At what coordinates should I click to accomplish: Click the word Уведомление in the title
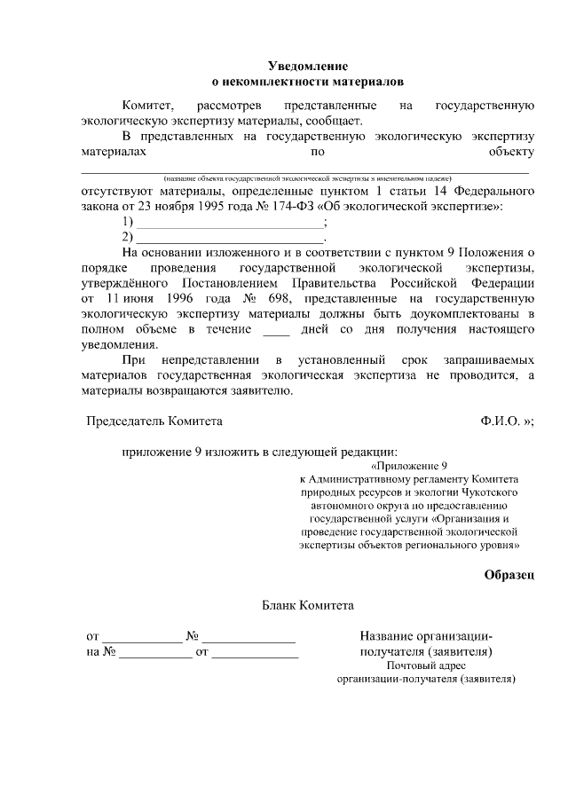click(308, 67)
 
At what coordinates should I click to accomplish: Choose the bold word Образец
click(509, 575)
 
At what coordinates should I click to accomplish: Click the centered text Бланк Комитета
click(308, 606)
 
